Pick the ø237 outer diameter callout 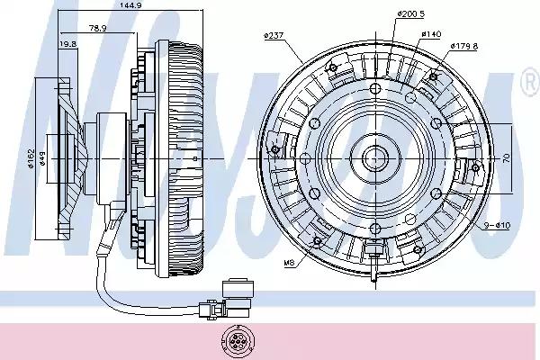[274, 36]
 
